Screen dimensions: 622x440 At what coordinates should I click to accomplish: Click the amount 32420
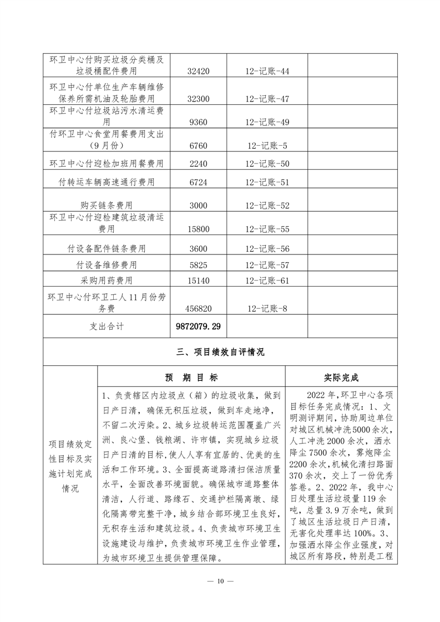[199, 71]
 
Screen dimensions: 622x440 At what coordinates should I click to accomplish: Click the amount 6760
[198, 145]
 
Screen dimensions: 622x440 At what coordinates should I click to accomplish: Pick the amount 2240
[198, 164]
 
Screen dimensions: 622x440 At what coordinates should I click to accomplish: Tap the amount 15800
[198, 228]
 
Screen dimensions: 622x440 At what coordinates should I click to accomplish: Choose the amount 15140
[199, 281]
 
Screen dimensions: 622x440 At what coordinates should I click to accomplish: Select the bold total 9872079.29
[199, 327]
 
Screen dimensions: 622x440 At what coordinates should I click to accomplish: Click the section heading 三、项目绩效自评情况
[220, 352]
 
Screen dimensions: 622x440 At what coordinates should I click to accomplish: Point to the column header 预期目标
[191, 378]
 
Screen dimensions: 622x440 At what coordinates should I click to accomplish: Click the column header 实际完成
[341, 378]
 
